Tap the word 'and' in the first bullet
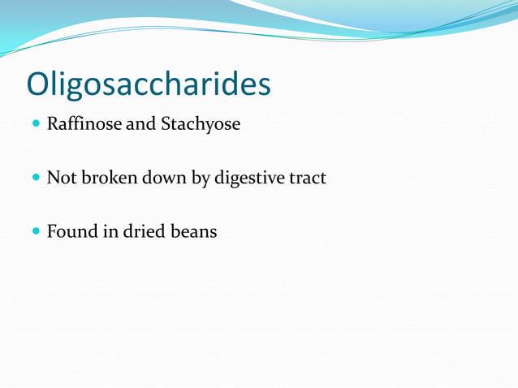pos(140,126)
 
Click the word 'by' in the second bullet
pos(201,179)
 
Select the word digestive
pos(248,179)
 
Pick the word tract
pos(307,178)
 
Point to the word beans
pos(192,231)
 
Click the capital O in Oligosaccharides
pos(38,83)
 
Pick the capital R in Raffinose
pos(53,126)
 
